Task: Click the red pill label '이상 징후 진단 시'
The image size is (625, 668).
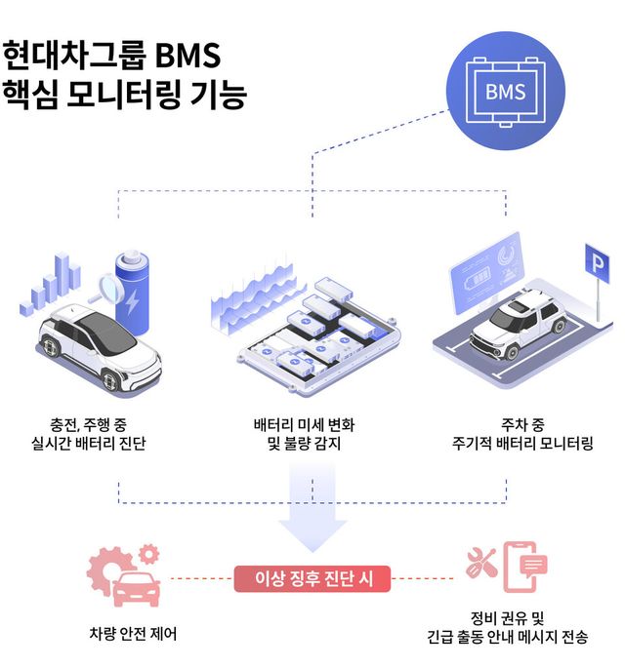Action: tap(312, 578)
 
